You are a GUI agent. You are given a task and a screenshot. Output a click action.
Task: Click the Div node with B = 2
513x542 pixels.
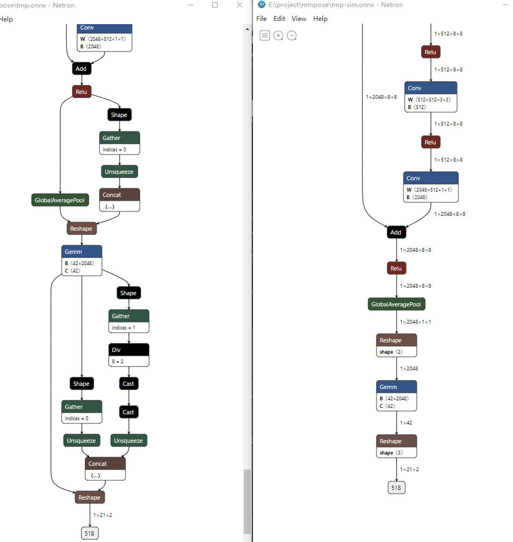click(128, 355)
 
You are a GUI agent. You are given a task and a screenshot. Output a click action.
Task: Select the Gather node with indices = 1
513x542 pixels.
click(128, 321)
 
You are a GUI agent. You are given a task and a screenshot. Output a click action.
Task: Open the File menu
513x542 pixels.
click(262, 19)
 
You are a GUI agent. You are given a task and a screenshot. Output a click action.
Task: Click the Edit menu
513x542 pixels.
click(279, 19)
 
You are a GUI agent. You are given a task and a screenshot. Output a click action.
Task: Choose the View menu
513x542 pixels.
click(299, 19)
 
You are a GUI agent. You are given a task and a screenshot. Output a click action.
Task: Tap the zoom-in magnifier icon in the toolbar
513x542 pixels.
click(278, 36)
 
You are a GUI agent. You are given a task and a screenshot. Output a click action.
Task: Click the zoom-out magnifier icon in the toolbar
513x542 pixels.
click(292, 36)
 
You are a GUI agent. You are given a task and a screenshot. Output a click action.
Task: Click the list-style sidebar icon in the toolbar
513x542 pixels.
click(265, 36)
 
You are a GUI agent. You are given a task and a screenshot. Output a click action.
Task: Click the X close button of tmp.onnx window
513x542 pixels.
click(240, 5)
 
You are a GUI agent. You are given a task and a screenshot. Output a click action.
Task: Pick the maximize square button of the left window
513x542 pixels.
click(215, 5)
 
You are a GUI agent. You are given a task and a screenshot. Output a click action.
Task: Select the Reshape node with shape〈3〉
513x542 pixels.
click(396, 446)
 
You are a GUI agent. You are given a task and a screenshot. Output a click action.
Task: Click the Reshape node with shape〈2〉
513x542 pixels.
click(396, 346)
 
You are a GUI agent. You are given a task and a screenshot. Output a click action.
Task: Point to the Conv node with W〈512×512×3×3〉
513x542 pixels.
click(430, 97)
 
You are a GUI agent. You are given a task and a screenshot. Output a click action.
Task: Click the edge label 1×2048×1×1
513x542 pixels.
click(415, 322)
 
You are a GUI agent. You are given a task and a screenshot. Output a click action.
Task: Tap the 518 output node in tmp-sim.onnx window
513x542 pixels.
click(396, 487)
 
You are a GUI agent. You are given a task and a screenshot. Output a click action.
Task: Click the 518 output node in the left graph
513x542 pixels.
click(90, 533)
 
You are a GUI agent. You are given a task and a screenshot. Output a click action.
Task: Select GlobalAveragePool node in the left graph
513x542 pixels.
click(60, 200)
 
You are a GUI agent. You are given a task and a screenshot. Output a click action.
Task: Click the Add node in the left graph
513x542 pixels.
click(81, 69)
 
